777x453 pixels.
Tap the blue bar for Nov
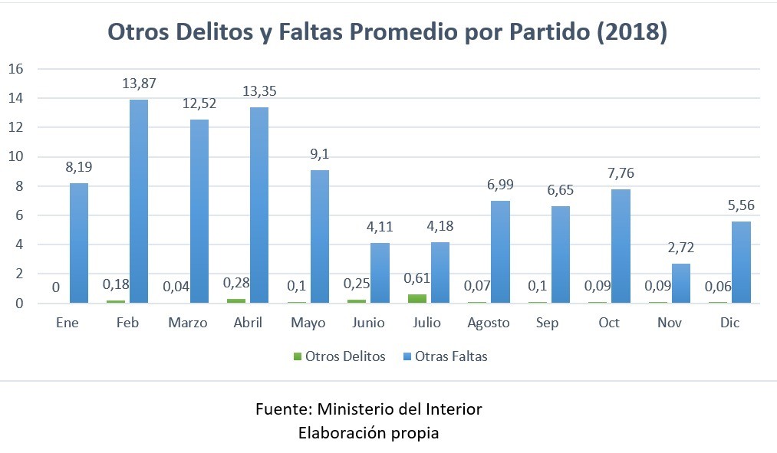click(x=680, y=283)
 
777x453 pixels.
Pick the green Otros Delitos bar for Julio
click(x=416, y=299)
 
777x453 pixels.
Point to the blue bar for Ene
click(x=78, y=243)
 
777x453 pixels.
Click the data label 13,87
click(x=140, y=83)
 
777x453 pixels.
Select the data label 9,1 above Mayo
click(x=319, y=153)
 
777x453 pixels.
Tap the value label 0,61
click(x=416, y=279)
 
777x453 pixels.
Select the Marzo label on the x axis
click(x=188, y=323)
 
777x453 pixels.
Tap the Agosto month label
click(x=489, y=323)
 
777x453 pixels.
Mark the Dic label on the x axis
click(x=729, y=323)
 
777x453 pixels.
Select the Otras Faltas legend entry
click(x=450, y=356)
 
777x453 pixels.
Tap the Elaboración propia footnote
click(x=368, y=432)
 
